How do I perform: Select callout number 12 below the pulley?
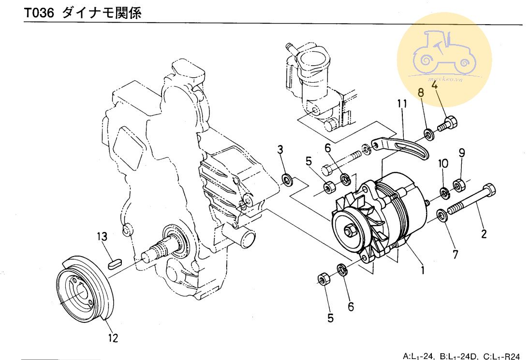click(x=113, y=338)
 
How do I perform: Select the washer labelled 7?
click(x=441, y=215)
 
